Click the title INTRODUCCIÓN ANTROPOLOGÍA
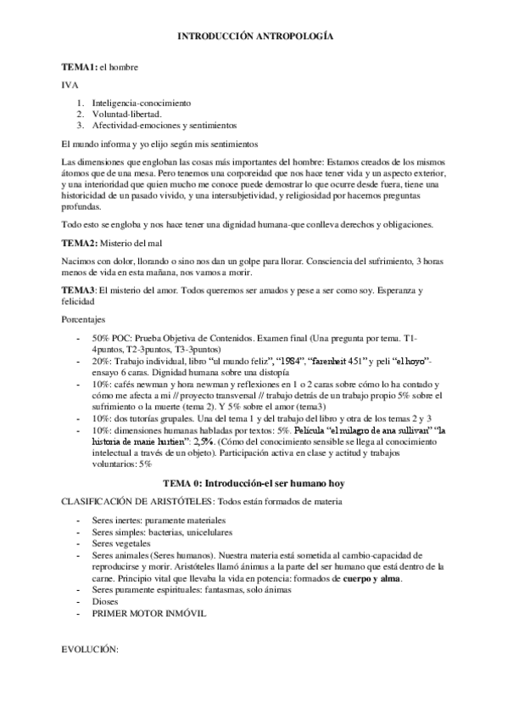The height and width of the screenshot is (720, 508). pos(254,38)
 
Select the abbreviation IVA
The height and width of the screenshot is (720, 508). pos(70,85)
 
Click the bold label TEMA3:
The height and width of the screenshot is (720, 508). pos(80,291)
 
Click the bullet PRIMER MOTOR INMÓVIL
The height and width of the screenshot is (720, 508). pos(149,613)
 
